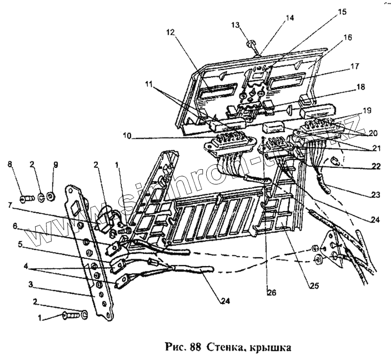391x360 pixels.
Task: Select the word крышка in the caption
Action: pyautogui.click(x=268, y=348)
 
